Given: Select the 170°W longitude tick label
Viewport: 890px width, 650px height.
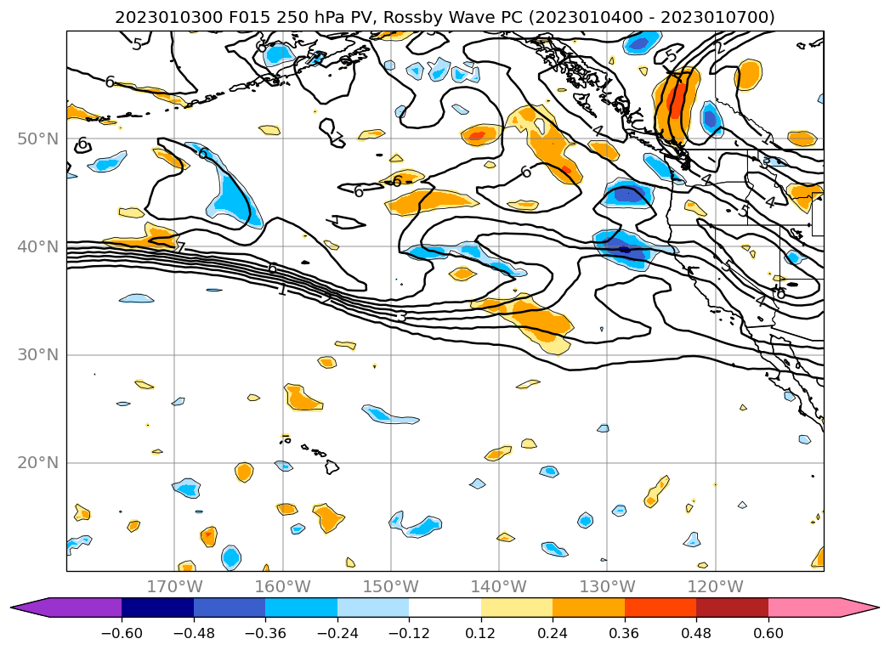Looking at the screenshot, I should [174, 587].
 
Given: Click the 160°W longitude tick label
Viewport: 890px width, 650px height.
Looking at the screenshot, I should [282, 587].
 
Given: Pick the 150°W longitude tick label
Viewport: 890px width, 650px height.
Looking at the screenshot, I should [391, 587].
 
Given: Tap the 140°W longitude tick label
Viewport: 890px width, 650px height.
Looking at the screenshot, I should [499, 587].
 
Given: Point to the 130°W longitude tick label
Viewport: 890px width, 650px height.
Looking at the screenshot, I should [607, 587].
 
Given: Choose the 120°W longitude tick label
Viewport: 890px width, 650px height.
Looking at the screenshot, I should [716, 587].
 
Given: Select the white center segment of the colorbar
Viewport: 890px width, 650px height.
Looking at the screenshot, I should [445, 608].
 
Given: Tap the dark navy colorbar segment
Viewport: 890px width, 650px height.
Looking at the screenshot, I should [157, 608].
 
